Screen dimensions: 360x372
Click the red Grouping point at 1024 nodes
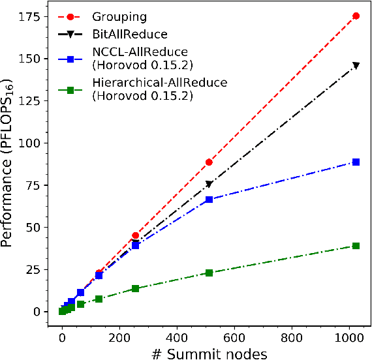pos(356,15)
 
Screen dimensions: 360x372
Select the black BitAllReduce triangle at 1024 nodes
pos(356,66)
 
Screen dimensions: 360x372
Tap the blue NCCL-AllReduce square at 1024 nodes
pos(356,162)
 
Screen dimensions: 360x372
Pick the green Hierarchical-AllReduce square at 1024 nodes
pos(356,246)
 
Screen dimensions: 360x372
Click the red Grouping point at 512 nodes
pos(209,162)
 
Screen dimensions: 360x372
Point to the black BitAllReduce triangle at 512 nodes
pos(209,185)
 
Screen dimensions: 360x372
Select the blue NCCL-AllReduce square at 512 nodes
pos(209,200)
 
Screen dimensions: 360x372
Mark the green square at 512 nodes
pos(209,273)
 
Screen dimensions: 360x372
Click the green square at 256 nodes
pos(135,288)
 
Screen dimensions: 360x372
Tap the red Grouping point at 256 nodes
pos(135,235)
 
